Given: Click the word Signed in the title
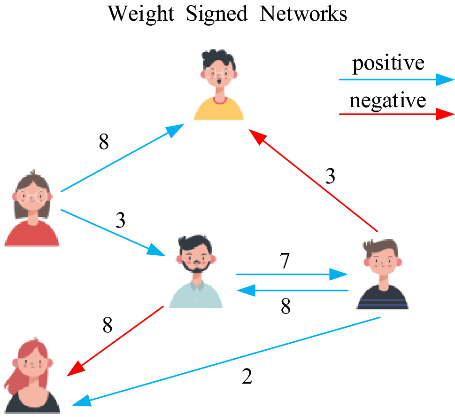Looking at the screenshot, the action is tap(217, 14).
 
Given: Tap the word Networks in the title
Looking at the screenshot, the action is tap(304, 14).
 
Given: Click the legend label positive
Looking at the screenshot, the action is tap(388, 63).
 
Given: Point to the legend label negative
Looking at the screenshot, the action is tap(388, 100).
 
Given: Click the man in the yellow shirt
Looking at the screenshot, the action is tap(219, 87).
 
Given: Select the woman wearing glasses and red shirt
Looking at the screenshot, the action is tap(32, 209).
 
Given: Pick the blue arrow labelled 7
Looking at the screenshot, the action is tap(291, 274).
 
